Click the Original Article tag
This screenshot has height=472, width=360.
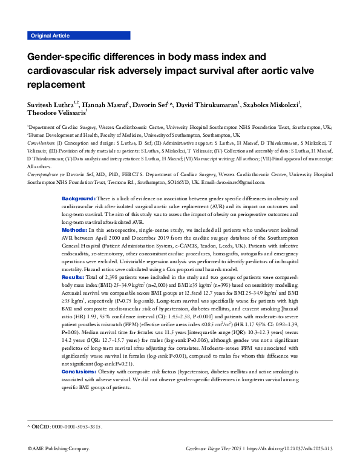pos(49,35)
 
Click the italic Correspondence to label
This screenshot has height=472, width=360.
pos(45,174)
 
